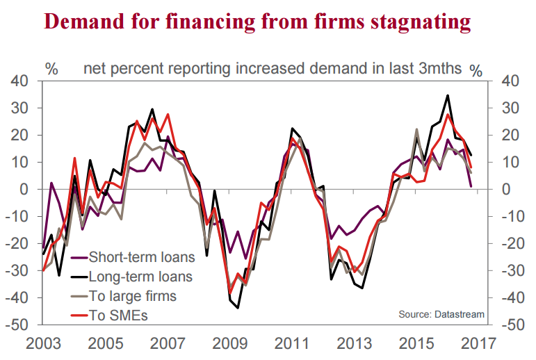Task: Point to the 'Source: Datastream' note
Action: (441, 315)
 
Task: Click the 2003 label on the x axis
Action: (42, 343)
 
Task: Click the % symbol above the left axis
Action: (52, 69)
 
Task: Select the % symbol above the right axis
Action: (476, 70)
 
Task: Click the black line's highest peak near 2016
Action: (448, 95)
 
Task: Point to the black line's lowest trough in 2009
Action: (238, 308)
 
